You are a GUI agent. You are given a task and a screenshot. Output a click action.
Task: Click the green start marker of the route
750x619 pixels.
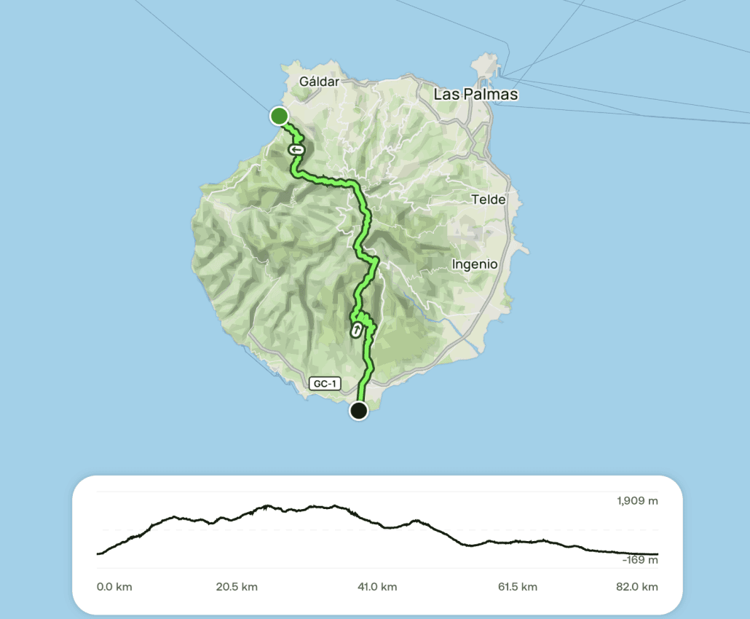tap(279, 116)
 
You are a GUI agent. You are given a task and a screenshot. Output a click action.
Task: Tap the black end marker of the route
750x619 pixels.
tap(358, 411)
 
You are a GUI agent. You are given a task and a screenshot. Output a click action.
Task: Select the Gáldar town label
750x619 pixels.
tap(319, 82)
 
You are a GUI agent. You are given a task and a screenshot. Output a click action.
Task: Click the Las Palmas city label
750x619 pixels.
tap(475, 95)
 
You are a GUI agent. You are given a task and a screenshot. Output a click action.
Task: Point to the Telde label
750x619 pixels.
tap(488, 200)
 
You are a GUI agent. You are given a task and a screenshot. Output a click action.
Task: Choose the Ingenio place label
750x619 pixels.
tap(475, 264)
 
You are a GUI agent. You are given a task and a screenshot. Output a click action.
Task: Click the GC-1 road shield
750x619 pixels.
tap(325, 383)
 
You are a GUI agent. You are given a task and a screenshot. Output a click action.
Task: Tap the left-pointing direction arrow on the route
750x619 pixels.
tap(296, 149)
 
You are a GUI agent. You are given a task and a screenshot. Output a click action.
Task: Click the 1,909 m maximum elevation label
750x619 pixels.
tap(637, 501)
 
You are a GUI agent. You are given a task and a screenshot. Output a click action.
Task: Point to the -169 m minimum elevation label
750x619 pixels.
tap(639, 560)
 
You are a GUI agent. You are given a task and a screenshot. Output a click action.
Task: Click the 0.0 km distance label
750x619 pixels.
tap(114, 587)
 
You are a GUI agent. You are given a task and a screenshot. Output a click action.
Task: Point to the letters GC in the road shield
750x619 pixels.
tap(319, 383)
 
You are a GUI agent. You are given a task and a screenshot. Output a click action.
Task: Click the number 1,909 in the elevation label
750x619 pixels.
tap(631, 501)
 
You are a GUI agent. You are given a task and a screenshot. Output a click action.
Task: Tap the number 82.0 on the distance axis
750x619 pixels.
tap(632, 587)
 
